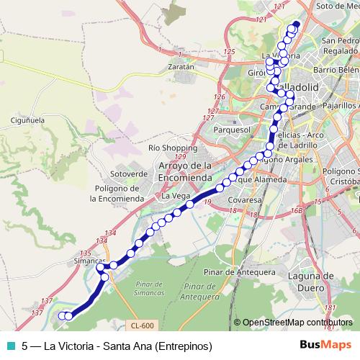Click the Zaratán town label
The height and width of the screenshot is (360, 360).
(181, 66)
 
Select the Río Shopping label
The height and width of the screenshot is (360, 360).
(168, 147)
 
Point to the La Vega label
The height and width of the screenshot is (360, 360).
(175, 196)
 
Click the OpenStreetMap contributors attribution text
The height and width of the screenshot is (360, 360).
(296, 322)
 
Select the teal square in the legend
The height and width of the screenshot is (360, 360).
(9, 345)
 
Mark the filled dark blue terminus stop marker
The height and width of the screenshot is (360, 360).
(294, 27)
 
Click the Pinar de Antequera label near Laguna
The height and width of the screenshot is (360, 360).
(239, 272)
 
